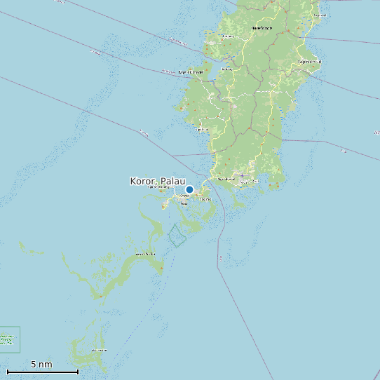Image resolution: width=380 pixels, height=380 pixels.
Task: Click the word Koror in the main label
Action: pyautogui.click(x=143, y=181)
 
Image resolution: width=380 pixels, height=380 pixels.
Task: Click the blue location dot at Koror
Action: pyautogui.click(x=189, y=189)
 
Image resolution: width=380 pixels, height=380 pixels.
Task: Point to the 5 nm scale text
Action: pyautogui.click(x=41, y=364)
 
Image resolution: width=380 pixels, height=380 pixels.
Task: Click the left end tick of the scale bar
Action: pyautogui.click(x=7, y=371)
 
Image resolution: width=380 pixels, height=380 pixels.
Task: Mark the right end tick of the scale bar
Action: pyautogui.click(x=78, y=371)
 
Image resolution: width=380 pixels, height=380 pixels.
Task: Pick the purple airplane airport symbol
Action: pyautogui.click(x=242, y=175)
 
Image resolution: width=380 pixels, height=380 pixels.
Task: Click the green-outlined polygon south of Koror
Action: pyautogui.click(x=177, y=235)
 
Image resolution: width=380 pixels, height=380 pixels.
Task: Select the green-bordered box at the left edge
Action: pyautogui.click(x=9, y=339)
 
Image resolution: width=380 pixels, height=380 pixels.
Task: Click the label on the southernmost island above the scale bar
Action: pyautogui.click(x=99, y=349)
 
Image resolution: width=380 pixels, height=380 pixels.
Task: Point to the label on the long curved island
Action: pyautogui.click(x=145, y=254)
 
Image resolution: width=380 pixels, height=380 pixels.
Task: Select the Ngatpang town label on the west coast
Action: pyautogui.click(x=202, y=129)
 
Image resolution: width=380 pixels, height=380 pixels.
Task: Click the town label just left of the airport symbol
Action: pyautogui.click(x=226, y=179)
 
